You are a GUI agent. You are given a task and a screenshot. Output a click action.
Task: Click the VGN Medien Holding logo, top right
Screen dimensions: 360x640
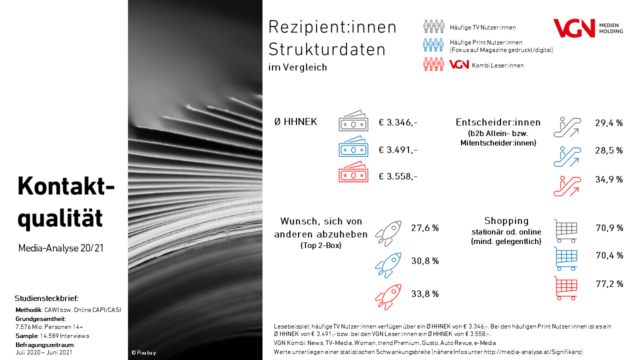587,28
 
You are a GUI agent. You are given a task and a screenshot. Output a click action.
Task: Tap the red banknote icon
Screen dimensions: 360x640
353,173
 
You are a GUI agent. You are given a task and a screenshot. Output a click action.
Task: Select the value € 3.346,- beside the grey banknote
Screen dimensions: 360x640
398,122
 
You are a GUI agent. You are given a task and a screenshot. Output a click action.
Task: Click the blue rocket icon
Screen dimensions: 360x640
388,265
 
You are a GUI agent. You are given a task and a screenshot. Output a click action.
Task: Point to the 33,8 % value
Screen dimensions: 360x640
425,294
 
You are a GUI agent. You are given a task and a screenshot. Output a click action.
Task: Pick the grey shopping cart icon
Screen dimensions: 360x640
565,230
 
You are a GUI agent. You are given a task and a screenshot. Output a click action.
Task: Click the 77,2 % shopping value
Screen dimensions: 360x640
609,284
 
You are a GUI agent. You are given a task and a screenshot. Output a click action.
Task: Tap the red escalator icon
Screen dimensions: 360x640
566,186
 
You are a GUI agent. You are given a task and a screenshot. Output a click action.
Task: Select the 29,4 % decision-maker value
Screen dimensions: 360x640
608,123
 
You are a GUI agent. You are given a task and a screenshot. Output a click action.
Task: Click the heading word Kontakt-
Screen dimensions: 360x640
66,186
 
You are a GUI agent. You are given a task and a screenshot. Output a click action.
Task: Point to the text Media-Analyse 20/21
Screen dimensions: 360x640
60,248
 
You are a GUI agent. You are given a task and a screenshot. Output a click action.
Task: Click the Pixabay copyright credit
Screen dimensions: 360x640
143,352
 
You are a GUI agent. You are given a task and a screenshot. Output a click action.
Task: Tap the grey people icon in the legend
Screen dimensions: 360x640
433,26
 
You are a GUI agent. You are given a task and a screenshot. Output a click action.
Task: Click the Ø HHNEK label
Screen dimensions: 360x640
295,122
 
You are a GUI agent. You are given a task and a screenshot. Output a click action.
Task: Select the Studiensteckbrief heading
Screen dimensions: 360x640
46,298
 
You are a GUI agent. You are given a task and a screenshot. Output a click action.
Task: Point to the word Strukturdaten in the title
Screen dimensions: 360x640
327,49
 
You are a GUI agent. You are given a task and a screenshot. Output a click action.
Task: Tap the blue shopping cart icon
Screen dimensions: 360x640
565,258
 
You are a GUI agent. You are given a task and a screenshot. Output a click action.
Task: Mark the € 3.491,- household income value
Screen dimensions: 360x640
398,149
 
